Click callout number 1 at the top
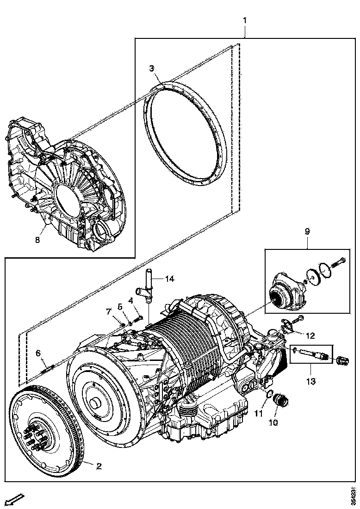245,20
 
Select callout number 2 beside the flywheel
98,466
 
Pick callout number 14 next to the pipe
170,279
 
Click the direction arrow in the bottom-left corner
15,500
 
